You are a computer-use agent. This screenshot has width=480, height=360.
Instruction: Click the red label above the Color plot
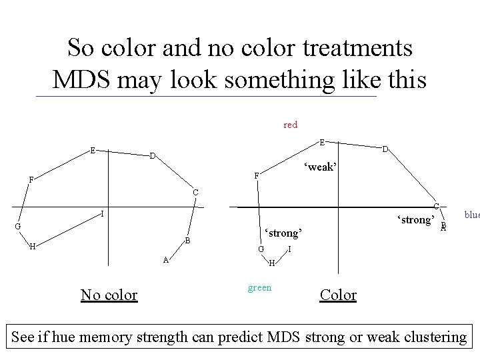pos(290,125)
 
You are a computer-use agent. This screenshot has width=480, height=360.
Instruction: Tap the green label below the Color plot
pos(259,288)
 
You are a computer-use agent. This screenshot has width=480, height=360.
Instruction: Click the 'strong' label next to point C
pos(416,219)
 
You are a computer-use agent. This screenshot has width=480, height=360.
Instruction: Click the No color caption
pos(109,294)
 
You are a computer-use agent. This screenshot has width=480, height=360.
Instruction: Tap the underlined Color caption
pos(339,294)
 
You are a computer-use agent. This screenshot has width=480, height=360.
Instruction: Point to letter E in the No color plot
pos(93,150)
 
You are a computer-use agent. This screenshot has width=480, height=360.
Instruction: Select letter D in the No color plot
pos(152,156)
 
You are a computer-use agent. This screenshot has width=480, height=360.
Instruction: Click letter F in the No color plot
pos(31,179)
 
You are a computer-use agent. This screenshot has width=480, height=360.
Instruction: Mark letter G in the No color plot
pos(18,227)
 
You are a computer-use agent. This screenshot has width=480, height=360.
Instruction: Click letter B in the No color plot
pos(188,240)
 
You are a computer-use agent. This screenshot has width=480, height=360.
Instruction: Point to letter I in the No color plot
pos(101,214)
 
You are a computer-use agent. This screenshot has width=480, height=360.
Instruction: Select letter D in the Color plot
pos(385,149)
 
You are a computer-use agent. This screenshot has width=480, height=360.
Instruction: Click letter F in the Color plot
pos(256,176)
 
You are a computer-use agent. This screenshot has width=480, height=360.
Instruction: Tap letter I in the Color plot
pos(290,249)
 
